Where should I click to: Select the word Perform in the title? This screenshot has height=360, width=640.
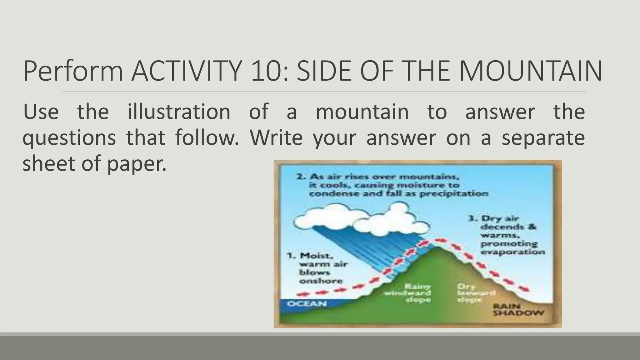(x=73, y=71)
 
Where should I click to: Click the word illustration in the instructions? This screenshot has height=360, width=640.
(x=179, y=112)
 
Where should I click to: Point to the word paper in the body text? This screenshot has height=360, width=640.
(x=137, y=164)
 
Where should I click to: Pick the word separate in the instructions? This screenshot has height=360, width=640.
(x=543, y=137)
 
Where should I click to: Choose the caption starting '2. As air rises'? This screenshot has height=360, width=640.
(x=392, y=185)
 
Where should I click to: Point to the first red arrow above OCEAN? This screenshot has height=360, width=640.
(x=302, y=294)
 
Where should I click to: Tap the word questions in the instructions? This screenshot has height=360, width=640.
(x=69, y=137)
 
